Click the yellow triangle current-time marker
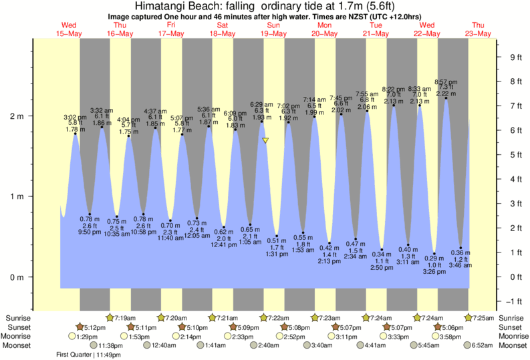tap(265, 140)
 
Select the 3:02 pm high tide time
tap(75, 117)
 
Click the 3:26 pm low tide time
tap(434, 271)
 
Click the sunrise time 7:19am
tap(125, 318)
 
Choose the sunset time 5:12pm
tap(95, 327)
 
